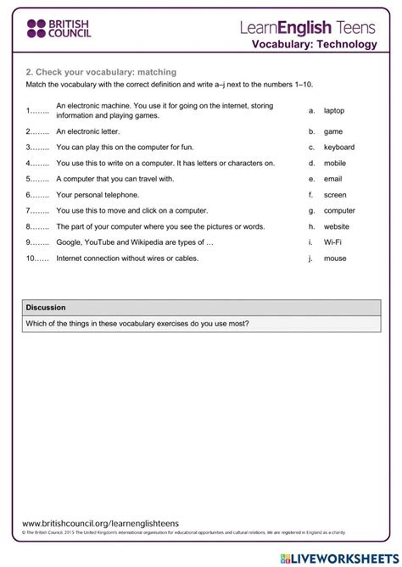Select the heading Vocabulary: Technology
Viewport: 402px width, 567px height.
(314, 44)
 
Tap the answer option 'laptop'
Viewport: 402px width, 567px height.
(334, 110)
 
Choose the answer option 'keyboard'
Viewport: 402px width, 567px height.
(338, 147)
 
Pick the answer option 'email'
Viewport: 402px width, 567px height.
(332, 179)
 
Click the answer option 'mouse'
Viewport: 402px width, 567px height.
(334, 258)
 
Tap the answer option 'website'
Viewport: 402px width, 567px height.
(337, 226)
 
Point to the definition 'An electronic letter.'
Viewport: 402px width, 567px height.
(87, 131)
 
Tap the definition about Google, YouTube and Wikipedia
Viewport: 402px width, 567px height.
(134, 242)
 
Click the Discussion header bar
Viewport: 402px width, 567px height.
(201, 307)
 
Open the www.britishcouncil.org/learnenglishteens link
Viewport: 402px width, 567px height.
(100, 525)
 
